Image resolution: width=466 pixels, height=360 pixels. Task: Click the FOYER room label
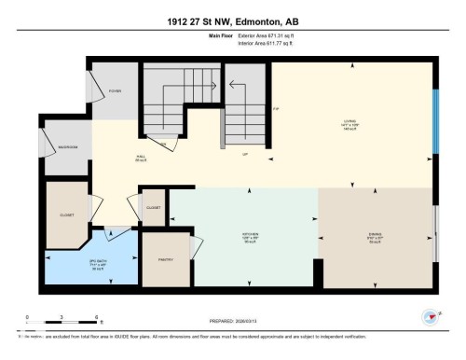point(116,91)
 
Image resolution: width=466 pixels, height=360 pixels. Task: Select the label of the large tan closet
point(67,214)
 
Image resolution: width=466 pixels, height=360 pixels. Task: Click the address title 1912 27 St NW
point(232,21)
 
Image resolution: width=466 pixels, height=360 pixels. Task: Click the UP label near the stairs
point(244,154)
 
